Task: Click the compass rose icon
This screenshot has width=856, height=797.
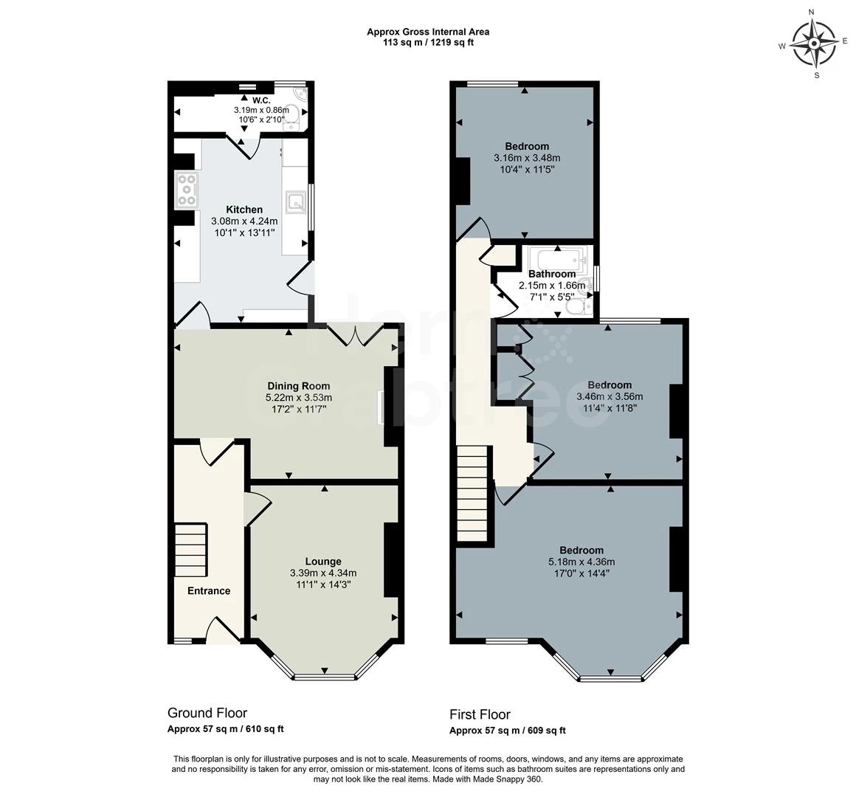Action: point(813,43)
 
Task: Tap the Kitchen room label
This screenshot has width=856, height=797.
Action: point(244,210)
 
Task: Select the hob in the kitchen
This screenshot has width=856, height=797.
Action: point(187,190)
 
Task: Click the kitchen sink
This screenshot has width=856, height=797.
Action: point(296,201)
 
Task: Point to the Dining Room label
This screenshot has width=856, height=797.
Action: point(299,386)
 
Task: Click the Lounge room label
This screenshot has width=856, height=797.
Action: point(323,561)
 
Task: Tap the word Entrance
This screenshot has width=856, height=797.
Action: point(209,590)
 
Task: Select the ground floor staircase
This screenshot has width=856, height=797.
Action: point(190,551)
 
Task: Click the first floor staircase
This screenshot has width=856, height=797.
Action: point(472,494)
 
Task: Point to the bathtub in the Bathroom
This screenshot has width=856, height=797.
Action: point(557,258)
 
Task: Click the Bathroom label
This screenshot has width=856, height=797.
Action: point(552,274)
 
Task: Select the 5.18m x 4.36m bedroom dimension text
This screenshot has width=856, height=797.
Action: point(581,562)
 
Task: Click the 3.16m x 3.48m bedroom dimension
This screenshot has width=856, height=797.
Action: point(527,158)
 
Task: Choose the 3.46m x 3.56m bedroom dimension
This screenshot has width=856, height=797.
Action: point(610,396)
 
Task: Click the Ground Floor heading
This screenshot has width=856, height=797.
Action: point(207,713)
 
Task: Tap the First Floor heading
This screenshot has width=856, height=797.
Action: point(480,714)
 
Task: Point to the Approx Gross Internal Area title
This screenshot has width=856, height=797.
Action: point(428,32)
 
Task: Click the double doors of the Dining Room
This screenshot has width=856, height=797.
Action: point(355,336)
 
